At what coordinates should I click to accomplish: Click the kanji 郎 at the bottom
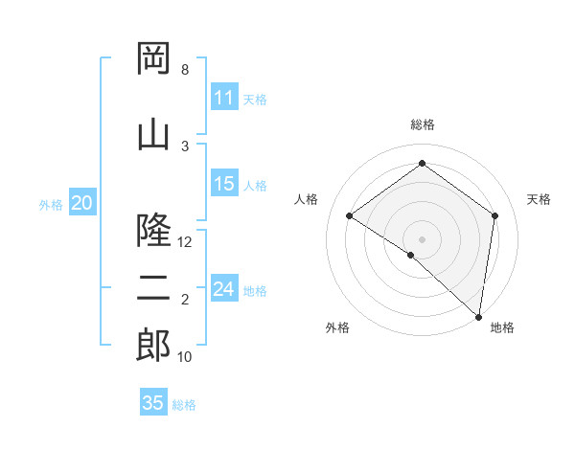point(154,346)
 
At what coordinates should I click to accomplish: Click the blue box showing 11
point(224,98)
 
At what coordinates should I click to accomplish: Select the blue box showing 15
point(224,184)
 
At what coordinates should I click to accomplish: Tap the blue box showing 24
point(224,289)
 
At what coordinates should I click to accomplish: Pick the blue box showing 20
point(82,203)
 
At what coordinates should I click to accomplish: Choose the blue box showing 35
point(153,403)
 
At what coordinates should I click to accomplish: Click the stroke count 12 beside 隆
point(186,242)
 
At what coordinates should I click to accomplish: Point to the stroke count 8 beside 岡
point(185,70)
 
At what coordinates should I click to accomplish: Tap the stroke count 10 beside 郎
point(186,357)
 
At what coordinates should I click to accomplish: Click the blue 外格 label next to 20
point(51,204)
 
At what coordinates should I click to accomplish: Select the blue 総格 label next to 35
point(184,404)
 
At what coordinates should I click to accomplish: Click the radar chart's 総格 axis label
point(422,124)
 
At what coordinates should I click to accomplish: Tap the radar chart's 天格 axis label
point(540,199)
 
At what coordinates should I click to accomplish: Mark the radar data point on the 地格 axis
point(478,316)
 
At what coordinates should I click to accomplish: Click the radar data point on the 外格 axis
point(411,255)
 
